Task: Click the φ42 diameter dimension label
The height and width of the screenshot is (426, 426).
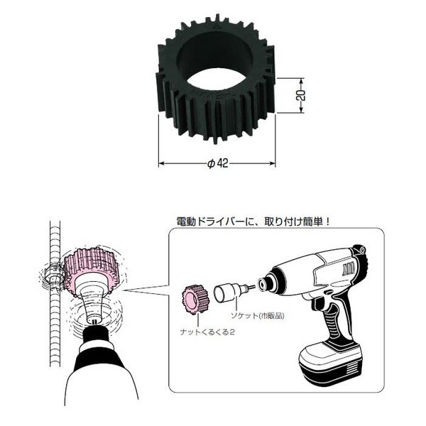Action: (218, 163)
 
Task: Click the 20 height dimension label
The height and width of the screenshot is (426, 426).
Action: (301, 95)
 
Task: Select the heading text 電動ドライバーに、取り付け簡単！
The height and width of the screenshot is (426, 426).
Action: (253, 222)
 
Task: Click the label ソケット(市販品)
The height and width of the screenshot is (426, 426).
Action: (257, 316)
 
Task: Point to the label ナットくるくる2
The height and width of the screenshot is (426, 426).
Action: (207, 332)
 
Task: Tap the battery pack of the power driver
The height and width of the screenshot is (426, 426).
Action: (331, 364)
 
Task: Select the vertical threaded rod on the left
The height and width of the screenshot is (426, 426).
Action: (55, 293)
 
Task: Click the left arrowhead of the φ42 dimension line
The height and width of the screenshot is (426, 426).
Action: (161, 163)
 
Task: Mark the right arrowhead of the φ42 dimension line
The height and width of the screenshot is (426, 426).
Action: (273, 163)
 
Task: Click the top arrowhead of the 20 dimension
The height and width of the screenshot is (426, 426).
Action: (301, 80)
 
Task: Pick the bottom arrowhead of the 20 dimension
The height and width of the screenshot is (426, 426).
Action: (301, 110)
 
